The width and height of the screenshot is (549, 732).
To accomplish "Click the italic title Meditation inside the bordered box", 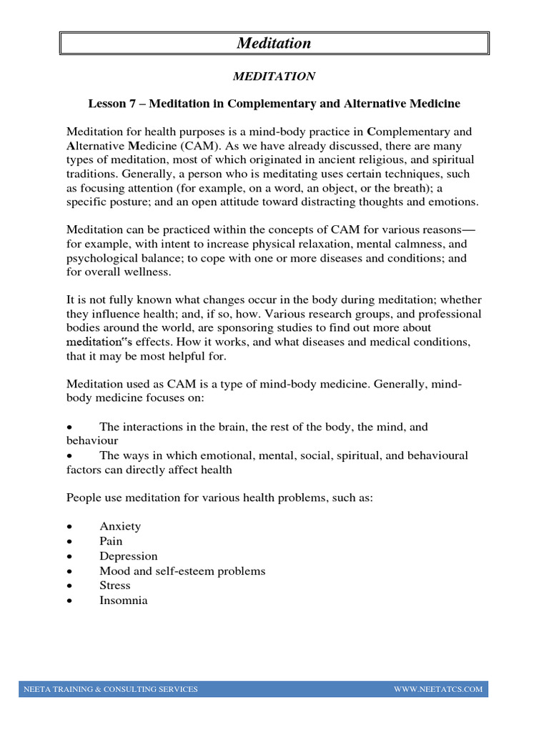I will pos(274,44).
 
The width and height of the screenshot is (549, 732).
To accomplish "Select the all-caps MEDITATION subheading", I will pos(274,76).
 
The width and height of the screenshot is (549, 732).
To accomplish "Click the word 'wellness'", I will pos(148,273).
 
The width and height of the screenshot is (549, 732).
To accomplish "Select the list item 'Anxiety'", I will pos(120,526).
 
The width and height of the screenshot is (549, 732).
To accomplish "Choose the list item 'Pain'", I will pos(111,541).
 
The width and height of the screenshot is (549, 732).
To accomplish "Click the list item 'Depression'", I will pos(129,556).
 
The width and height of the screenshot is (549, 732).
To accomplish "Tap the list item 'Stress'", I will pos(115,585).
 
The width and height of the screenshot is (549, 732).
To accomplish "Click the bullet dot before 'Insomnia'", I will pos(69,601).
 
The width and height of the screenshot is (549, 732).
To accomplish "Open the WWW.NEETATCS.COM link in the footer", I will pos(438,689).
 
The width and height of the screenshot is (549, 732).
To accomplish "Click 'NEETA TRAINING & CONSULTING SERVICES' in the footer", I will pos(111,689).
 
